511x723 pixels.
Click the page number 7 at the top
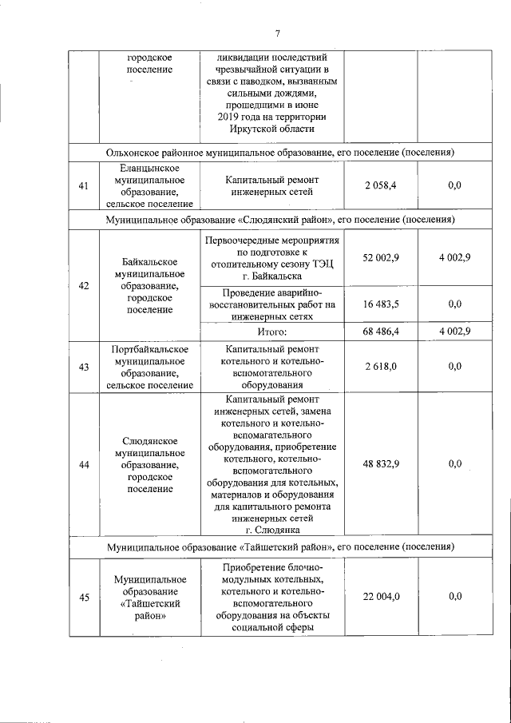[277, 33]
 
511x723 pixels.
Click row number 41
[84, 186]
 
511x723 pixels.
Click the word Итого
[271, 331]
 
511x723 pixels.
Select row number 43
[84, 366]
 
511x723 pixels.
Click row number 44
[84, 464]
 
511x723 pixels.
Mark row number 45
[84, 597]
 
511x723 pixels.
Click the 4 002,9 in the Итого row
[454, 331]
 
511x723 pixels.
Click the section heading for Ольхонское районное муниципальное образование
[280, 152]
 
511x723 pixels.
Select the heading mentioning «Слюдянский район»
[280, 219]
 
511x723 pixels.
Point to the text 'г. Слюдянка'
[271, 530]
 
